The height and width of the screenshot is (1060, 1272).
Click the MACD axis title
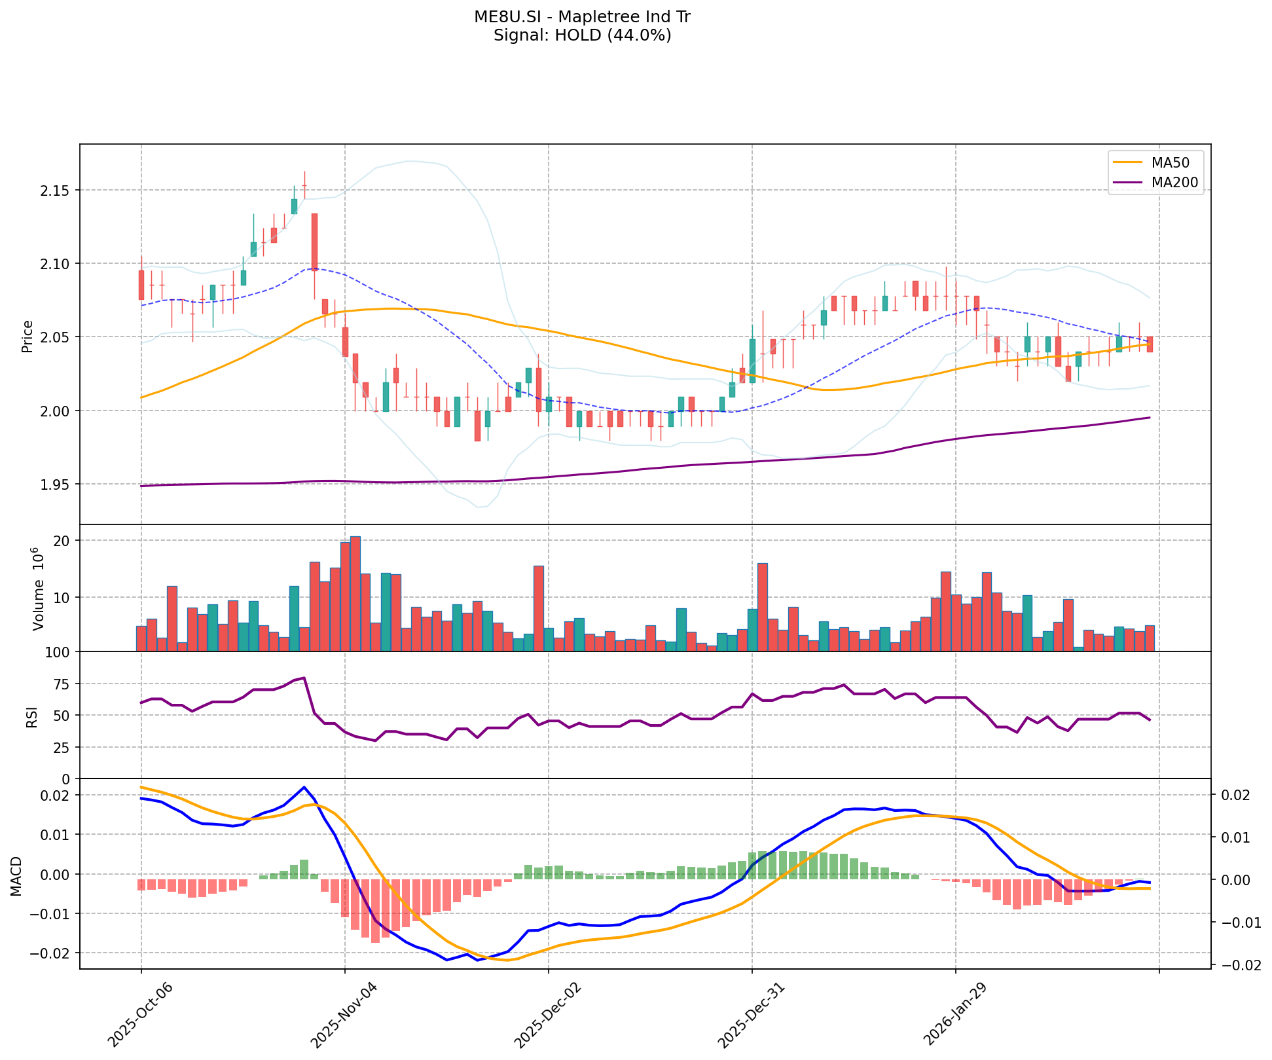[x=17, y=876]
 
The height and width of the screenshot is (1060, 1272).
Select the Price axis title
[x=27, y=337]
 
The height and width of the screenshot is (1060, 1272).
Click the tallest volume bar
[x=355, y=594]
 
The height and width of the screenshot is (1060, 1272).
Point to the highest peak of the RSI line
[x=304, y=678]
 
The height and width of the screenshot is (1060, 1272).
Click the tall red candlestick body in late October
[x=315, y=242]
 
